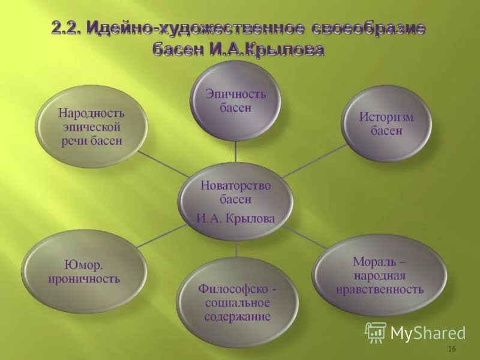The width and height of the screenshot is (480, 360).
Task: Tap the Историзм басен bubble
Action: point(386,123)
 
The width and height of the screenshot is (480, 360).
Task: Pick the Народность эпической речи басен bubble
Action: point(91,126)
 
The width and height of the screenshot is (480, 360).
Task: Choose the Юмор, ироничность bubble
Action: point(84,271)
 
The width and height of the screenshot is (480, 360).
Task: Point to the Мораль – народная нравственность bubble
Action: point(379,275)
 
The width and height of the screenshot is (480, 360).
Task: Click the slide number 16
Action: point(452,349)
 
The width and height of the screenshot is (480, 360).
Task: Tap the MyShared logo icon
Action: point(376,332)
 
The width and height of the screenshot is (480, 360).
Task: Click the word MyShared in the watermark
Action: point(427,333)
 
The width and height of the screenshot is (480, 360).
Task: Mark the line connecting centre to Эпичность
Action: point(236,151)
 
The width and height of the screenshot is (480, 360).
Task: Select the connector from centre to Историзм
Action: point(314,160)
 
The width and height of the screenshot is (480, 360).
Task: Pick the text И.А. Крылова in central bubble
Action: point(236,218)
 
